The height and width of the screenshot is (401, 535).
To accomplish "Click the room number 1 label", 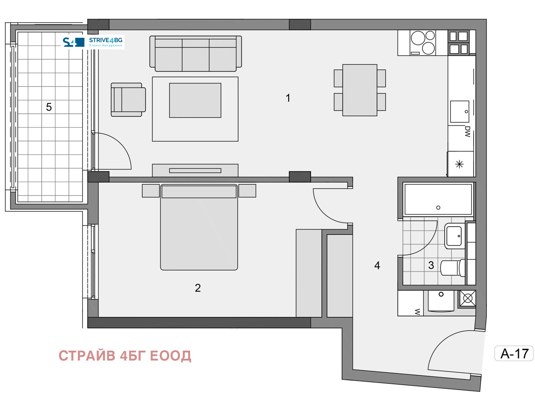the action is pos(288,98).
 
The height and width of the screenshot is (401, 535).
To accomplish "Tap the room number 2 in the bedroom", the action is pos(197,288).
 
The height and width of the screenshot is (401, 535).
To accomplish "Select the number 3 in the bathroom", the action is pos(431,265).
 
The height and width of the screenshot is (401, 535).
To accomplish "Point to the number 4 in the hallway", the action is pos(377,266).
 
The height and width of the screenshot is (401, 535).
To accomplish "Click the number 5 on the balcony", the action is pos(49,107).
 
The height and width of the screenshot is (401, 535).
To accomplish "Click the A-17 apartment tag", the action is pos(514,353).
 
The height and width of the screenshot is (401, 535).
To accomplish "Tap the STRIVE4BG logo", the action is pos(93,42).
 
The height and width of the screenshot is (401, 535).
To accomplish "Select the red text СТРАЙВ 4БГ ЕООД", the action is pos(125,356).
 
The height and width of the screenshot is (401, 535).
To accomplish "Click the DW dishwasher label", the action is pos(468,132).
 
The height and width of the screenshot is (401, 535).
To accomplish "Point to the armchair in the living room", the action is pos(128,100).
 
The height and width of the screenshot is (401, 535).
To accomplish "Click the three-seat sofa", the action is pos(196,53).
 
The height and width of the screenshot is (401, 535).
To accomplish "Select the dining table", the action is pos(360,90).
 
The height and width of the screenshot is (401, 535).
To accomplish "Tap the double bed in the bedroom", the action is pos(199,227).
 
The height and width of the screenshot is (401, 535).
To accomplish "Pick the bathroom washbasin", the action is pos(455,236).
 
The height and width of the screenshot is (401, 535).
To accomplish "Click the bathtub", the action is pos(438,199).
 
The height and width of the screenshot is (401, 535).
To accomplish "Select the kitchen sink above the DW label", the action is pos(459,111).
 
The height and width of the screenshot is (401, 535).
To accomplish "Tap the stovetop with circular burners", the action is pos(423,43).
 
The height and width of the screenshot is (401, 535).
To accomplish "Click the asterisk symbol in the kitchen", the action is pos(459,164).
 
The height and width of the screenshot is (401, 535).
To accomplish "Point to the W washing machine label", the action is pos(417,312).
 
